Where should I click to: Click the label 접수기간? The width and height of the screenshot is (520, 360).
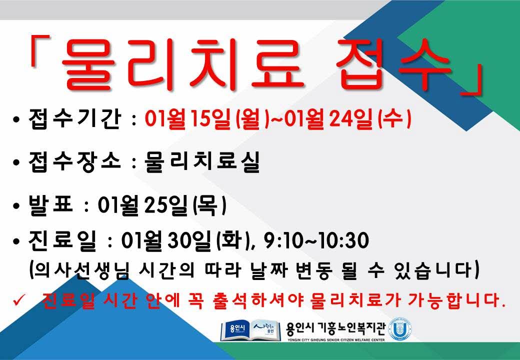tap(74, 118)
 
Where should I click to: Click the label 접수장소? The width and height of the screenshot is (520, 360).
tap(74, 162)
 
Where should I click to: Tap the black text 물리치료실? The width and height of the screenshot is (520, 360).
tap(202, 162)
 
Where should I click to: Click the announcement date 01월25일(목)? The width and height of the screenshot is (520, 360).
tap(162, 205)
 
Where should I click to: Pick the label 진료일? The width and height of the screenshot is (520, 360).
tap(62, 240)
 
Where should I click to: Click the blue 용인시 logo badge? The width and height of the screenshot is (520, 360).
tap(235, 329)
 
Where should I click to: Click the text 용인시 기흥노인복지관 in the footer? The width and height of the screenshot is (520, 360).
tap(335, 328)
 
